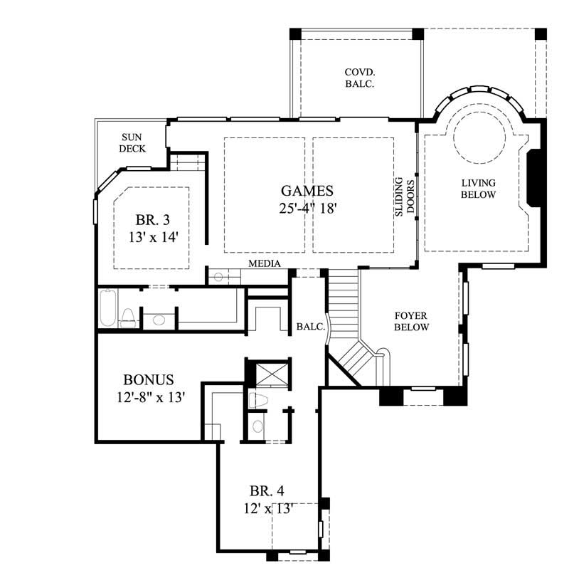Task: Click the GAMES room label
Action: click(307, 191)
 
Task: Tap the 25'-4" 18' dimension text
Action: click(307, 208)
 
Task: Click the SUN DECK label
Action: click(133, 143)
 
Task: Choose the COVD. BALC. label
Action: click(359, 78)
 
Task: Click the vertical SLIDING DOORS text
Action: click(405, 196)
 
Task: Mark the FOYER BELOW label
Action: click(411, 321)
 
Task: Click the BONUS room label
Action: click(148, 380)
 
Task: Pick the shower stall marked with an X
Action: click(270, 374)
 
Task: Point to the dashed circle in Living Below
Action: click(480, 135)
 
